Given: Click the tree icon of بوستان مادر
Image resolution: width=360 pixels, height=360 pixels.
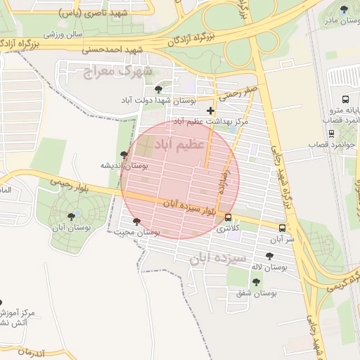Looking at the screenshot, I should [343, 9].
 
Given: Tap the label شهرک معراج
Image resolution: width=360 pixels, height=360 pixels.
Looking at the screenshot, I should [117, 72].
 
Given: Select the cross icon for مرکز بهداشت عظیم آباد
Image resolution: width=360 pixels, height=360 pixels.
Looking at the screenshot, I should [210, 110].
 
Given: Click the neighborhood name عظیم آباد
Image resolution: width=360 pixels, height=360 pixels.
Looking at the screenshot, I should [184, 143].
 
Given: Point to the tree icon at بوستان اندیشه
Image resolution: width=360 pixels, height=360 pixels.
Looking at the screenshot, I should [124, 155].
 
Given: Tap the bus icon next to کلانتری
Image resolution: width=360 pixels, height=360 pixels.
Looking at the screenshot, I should [229, 217].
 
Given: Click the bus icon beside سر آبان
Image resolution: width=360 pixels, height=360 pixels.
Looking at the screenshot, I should [282, 228].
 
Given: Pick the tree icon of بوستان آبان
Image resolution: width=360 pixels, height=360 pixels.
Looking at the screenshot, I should [71, 217].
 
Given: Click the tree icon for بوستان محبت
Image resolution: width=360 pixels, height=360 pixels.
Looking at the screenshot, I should [136, 221].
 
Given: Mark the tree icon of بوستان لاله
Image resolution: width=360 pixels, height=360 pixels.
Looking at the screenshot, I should [269, 257].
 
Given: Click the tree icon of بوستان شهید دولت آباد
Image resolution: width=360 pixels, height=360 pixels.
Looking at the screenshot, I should [159, 89].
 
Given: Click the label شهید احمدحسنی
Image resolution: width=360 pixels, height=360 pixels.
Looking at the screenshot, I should [112, 50].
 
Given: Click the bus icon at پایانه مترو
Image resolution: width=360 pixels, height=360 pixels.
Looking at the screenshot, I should [345, 98].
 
